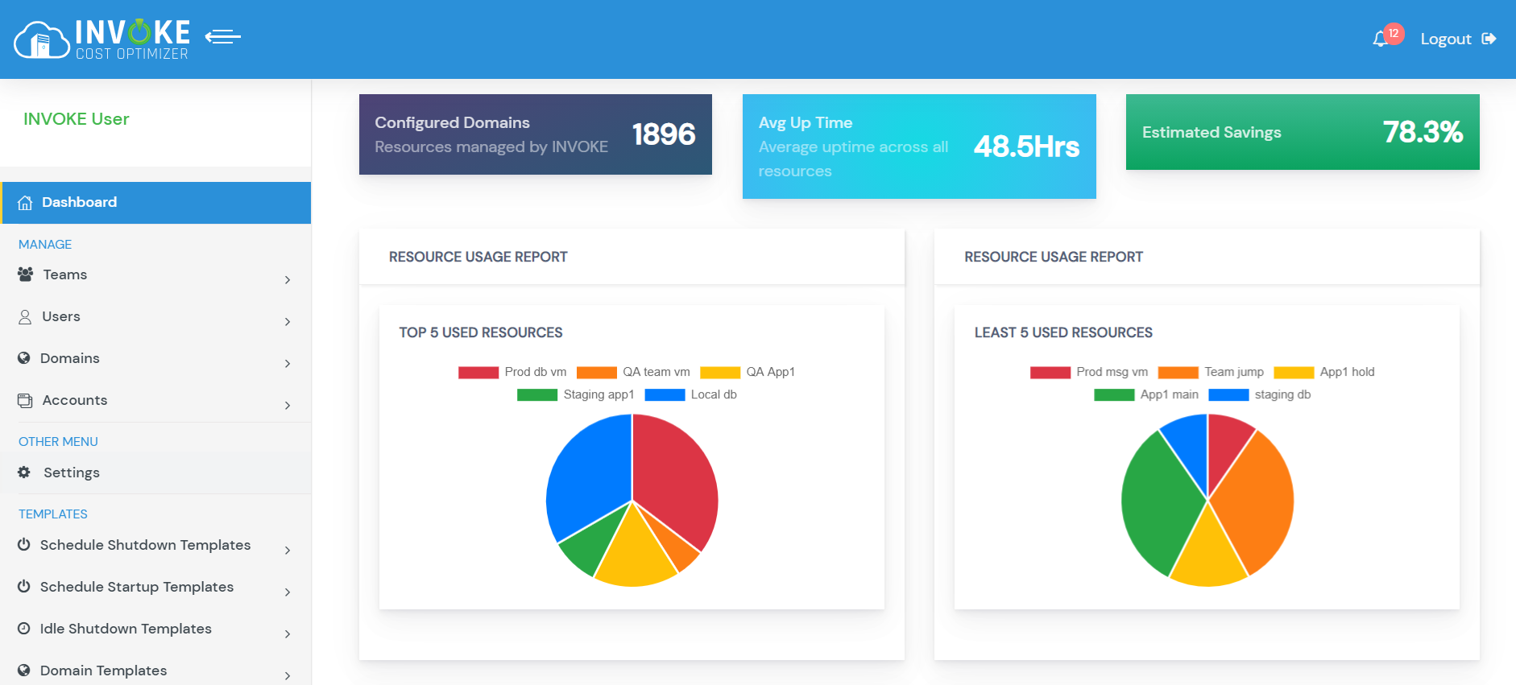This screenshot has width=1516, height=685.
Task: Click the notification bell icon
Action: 1381,39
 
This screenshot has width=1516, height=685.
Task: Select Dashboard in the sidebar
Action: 79,202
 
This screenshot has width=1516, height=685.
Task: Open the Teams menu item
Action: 64,274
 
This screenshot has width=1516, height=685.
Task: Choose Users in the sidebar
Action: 61,316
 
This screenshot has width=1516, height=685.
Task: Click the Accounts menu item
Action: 74,400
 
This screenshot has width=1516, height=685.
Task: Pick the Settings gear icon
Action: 24,472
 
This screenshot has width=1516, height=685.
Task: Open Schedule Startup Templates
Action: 137,587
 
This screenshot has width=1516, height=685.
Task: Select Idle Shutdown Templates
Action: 126,629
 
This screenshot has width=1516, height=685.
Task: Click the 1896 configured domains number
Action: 663,134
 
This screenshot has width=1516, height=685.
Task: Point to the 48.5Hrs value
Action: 1026,146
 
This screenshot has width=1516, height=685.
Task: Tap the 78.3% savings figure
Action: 1423,132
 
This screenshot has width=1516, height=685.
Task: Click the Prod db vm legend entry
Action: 513,372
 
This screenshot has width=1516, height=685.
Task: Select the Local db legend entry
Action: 691,394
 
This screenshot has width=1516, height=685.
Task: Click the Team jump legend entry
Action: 1212,372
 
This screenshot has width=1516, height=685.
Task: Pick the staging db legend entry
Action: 1261,394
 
